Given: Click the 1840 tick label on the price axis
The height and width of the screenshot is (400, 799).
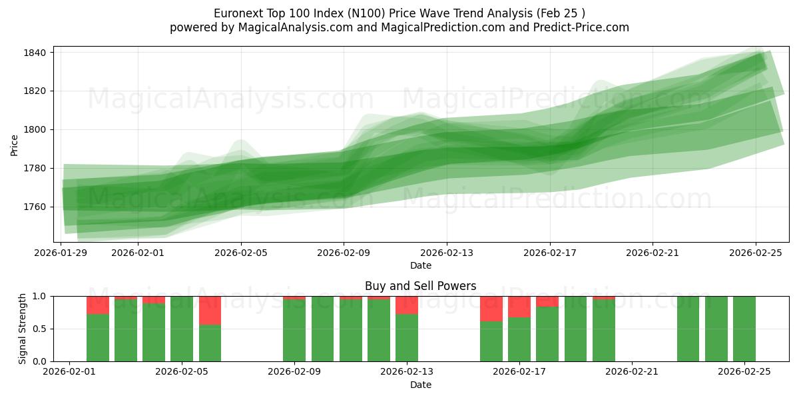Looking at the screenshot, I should pos(33,53).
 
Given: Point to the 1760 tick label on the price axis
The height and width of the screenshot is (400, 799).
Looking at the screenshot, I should pos(33,207).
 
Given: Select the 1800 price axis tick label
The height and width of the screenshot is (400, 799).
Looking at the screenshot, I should pos(33,129).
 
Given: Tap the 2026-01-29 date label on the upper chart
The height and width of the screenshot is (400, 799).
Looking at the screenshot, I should pos(61,253).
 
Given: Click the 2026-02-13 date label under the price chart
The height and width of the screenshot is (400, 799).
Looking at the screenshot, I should pos(447,253).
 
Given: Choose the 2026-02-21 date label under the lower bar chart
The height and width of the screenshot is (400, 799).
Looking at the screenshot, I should pos(631,372).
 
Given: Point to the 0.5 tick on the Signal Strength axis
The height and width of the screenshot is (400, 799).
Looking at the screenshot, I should pos(40,329).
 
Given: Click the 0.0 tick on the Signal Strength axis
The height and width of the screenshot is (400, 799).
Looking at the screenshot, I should pos(40,361).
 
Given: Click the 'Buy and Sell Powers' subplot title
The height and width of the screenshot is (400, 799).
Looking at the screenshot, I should pos(421,286).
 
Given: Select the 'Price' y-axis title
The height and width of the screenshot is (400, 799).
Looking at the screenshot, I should pos(15,144).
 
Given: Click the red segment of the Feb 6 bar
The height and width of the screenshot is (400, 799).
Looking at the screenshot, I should pos(210,310).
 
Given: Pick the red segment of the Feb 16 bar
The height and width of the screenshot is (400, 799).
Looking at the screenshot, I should pos(491,309).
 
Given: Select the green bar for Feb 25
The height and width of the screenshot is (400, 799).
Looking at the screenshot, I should pos(744,329).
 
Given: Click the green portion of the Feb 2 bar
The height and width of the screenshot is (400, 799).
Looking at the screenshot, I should pos(98,337).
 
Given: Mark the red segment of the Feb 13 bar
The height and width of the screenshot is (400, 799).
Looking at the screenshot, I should pos(407,305).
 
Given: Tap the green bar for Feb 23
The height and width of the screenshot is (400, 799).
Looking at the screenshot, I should pos(688,329).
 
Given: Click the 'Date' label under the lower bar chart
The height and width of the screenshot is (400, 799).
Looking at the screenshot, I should pos(421,385).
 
